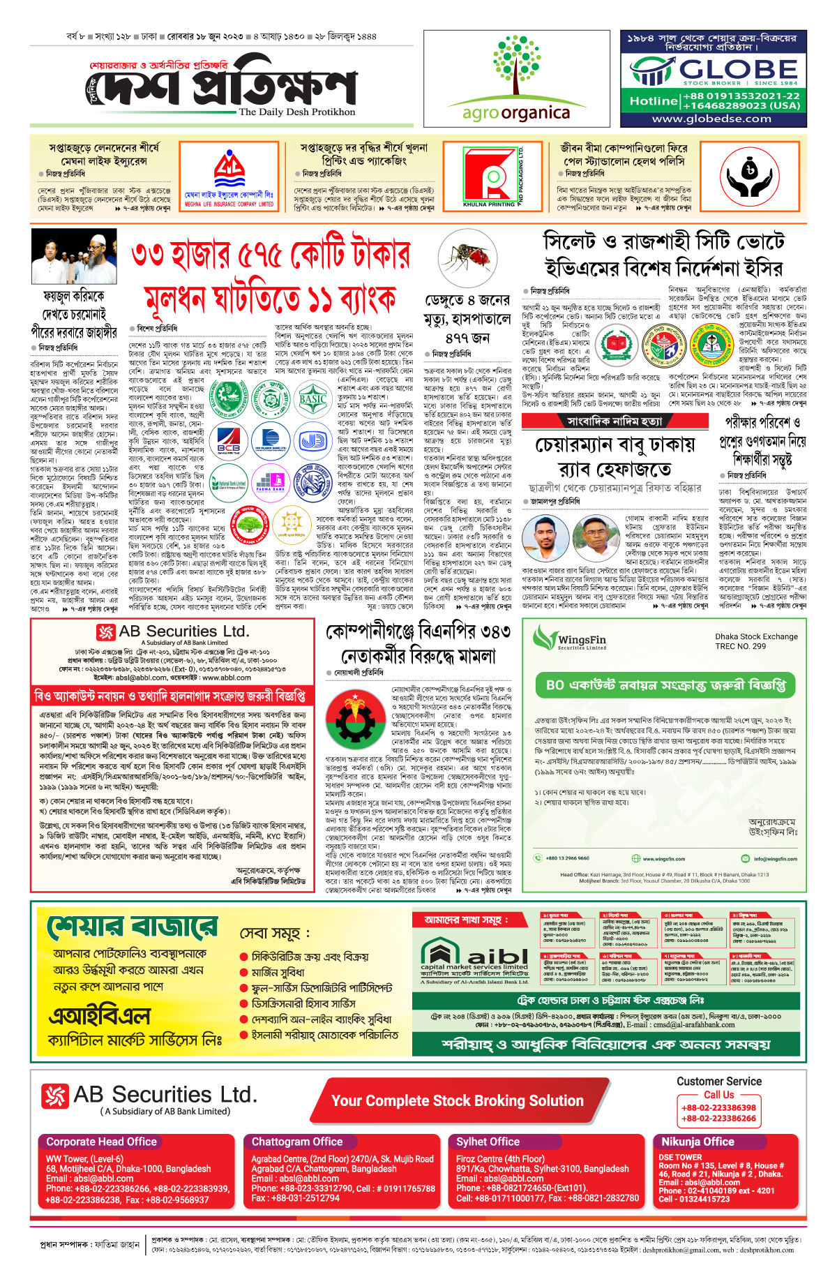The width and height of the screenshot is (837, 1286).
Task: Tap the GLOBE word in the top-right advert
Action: coord(738,70)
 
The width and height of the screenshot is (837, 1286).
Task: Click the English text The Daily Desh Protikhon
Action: coord(296,112)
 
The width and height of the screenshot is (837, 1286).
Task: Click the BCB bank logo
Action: coord(228,440)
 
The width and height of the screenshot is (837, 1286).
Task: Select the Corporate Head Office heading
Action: coord(102,1142)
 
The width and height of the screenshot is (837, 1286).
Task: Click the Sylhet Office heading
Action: coord(488,1142)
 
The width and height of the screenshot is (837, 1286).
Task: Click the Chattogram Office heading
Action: coord(297,1142)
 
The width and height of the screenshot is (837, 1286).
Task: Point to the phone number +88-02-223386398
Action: coord(718,1107)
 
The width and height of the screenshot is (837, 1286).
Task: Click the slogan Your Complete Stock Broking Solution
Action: coord(458,1101)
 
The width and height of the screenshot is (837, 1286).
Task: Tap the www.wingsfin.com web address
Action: coord(663,859)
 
